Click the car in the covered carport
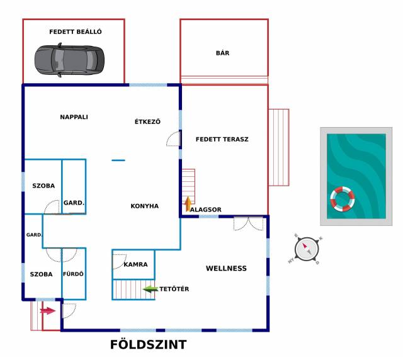[x=69, y=60]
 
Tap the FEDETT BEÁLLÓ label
[x=76, y=32]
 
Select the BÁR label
[x=222, y=53]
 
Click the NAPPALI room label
[x=74, y=117]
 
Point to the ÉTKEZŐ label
[x=147, y=121]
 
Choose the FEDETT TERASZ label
[x=222, y=139]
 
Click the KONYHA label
[x=145, y=206]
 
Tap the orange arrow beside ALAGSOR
[x=188, y=205]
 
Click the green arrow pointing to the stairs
[x=150, y=290]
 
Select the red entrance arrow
[x=48, y=311]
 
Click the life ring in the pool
[x=343, y=199]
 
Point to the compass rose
[x=307, y=249]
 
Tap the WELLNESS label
[x=226, y=269]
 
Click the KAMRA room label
[x=136, y=264]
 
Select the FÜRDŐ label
[x=73, y=274]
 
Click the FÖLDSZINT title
[x=149, y=345]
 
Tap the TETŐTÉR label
[x=174, y=289]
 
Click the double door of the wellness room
[x=249, y=223]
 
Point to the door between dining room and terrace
[x=174, y=138]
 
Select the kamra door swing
[x=120, y=262]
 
